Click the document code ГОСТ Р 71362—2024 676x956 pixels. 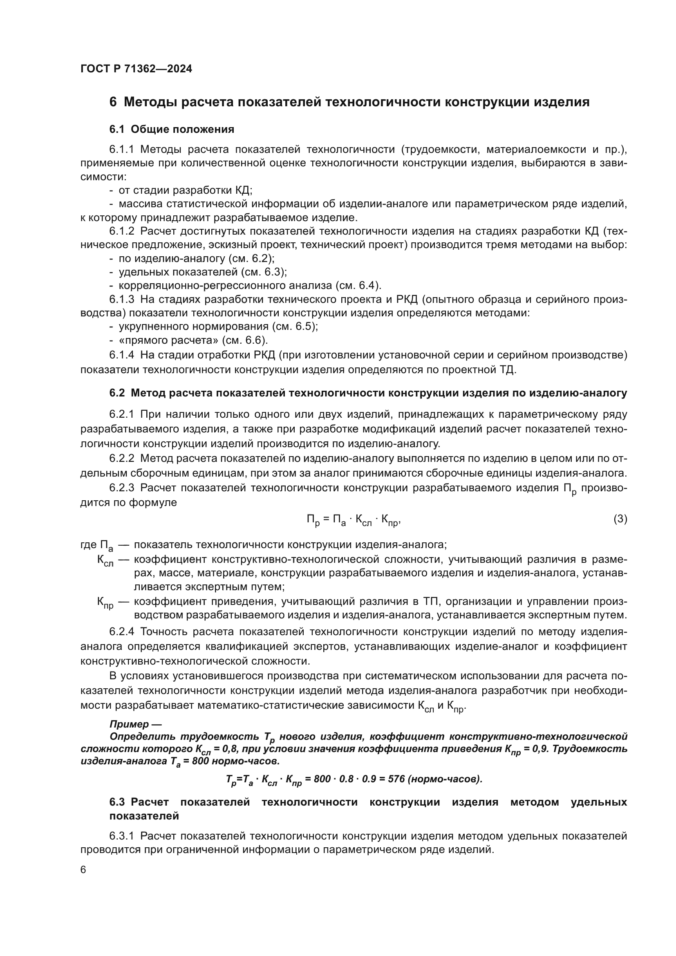coord(136,69)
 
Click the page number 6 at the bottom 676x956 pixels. coord(83,870)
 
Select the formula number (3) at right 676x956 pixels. coord(620,519)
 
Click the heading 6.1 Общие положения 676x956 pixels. coord(172,129)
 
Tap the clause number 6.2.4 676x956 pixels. coord(121,631)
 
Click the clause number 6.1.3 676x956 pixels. coord(121,299)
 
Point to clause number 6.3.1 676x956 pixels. coord(121,836)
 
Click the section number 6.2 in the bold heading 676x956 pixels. coord(117,393)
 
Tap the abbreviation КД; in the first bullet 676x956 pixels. coord(244,190)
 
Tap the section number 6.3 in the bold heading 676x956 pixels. coord(117,802)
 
